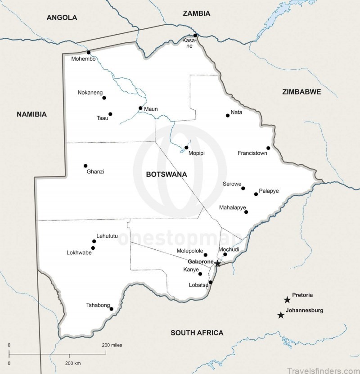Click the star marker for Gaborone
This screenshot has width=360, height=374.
coord(218,263)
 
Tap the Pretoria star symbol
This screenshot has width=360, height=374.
coord(287,300)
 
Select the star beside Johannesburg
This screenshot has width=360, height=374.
coord(281,315)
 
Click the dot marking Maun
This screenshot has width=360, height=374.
coord(140,108)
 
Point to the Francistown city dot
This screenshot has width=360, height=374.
coord(268,148)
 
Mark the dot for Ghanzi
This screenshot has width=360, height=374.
coord(85,166)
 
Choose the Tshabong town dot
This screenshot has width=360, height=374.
coord(111,309)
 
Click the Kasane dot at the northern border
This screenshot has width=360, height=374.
coord(195,35)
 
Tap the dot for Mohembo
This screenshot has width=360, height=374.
coord(89,52)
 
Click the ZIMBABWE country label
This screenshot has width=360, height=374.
coord(301,92)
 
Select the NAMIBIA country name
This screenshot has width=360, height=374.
coord(31,114)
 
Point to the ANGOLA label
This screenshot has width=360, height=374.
coord(62,18)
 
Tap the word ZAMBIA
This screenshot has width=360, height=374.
coord(196,14)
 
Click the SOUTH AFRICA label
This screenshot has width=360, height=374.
coord(197,333)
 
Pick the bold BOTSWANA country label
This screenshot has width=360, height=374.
coord(166,174)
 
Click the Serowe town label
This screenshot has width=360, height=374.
coord(232,184)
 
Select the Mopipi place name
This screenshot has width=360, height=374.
coord(197,153)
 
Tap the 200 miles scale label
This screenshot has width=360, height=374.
coord(112,345)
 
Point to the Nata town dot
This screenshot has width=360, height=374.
coord(228,115)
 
